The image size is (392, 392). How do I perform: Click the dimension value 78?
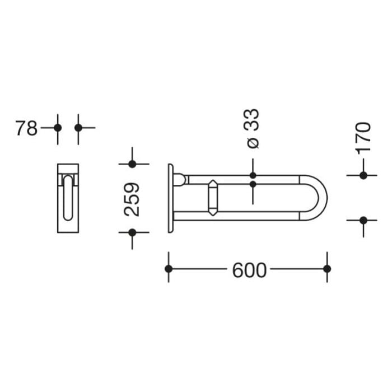(x=26, y=128)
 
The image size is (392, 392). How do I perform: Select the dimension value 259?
(x=132, y=199)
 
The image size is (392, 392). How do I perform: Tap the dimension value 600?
(x=249, y=270)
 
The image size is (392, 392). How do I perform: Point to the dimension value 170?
(x=363, y=138)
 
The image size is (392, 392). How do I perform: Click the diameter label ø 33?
(x=253, y=129)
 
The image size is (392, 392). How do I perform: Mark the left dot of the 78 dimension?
(x=58, y=128)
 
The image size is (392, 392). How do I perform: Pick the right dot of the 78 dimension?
(x=78, y=128)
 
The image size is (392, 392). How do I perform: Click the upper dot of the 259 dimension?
(x=132, y=164)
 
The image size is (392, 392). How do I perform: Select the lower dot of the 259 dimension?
(x=132, y=232)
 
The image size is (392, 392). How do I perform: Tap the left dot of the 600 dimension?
(x=169, y=269)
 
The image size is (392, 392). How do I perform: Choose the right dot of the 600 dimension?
(x=327, y=269)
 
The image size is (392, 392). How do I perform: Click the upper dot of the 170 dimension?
(x=363, y=175)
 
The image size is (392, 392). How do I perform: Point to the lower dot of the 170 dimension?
(x=363, y=220)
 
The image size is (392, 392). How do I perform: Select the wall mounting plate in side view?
(x=170, y=198)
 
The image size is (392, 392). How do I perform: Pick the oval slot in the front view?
(x=68, y=197)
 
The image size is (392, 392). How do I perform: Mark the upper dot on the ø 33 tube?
(x=253, y=175)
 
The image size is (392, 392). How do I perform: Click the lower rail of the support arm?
(x=241, y=216)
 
